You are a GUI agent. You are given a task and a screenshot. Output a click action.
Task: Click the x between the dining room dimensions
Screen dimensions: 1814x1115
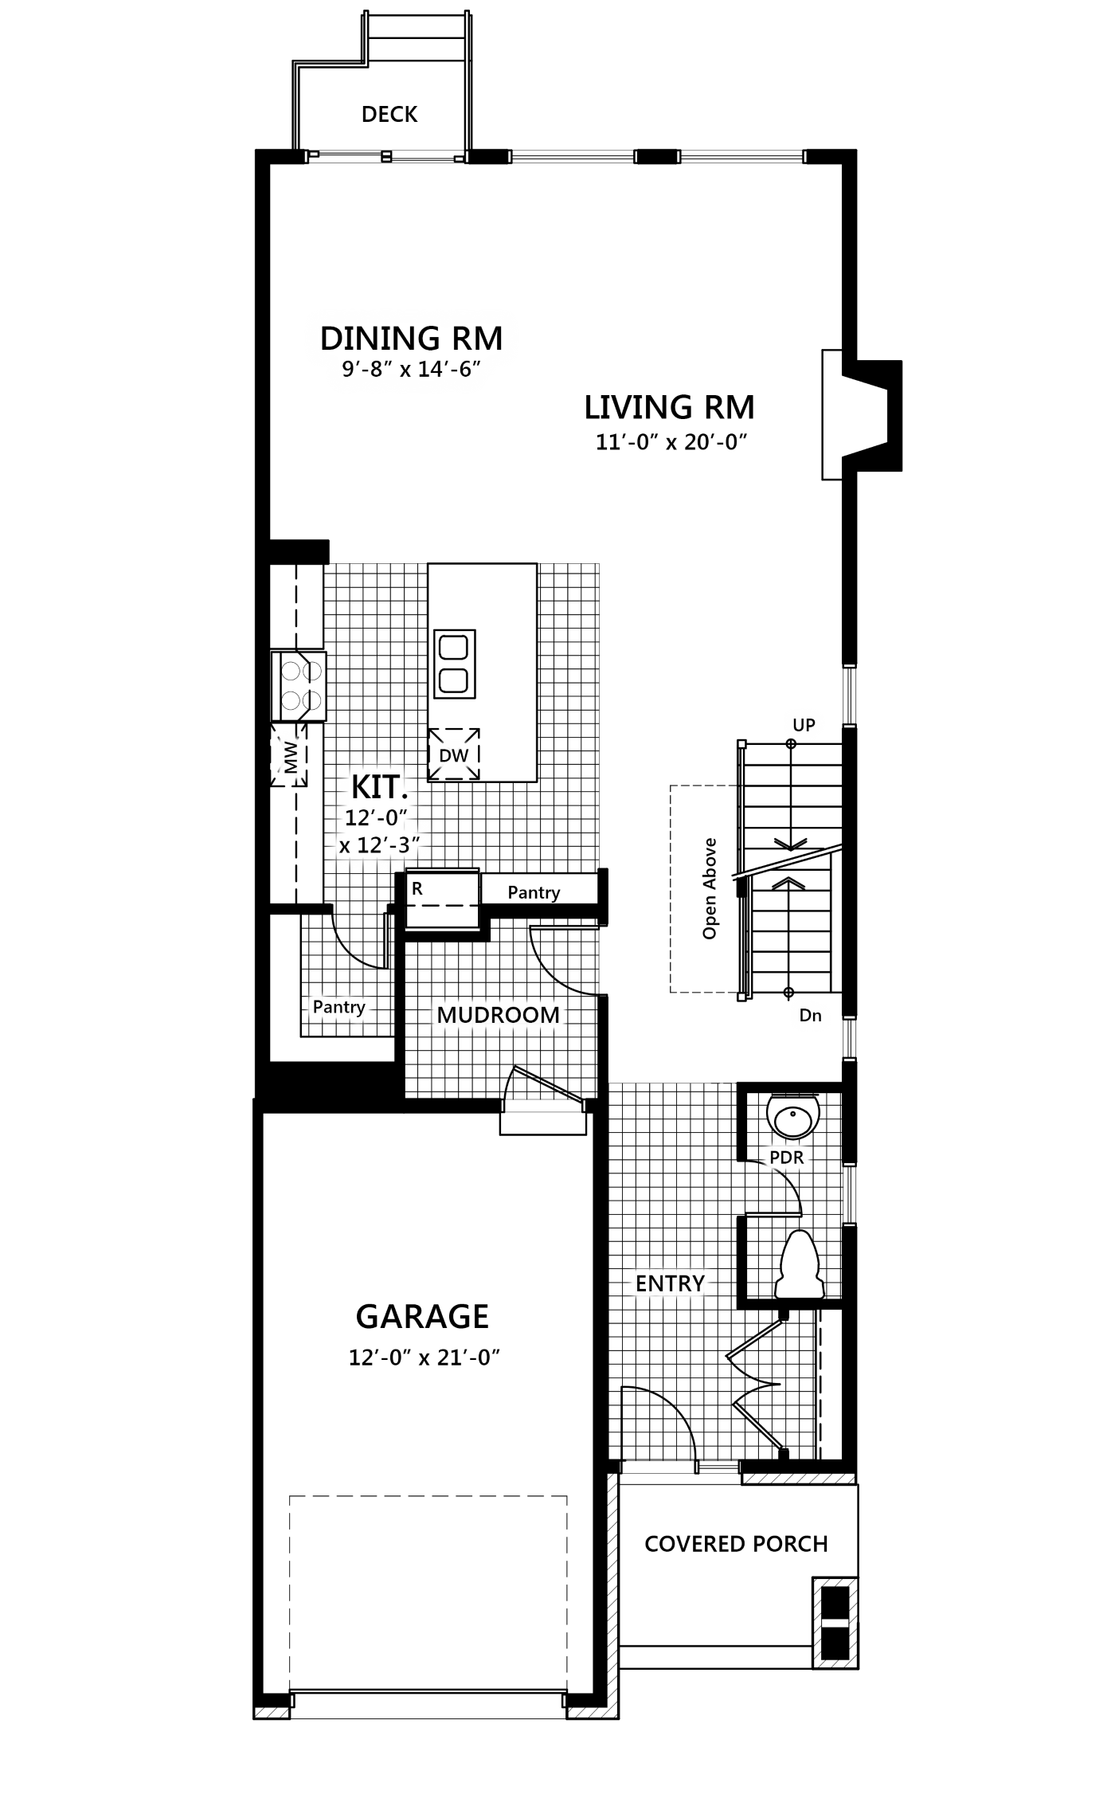pyautogui.click(x=405, y=371)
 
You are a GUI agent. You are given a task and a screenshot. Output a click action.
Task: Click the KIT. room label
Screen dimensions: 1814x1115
pyautogui.click(x=379, y=788)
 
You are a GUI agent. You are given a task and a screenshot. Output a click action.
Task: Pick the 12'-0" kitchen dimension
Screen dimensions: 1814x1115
pyautogui.click(x=376, y=818)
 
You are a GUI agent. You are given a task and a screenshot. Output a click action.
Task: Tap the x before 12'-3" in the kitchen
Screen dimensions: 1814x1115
pyautogui.click(x=344, y=846)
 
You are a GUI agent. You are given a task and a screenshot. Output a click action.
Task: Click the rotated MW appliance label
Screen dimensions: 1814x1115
pyautogui.click(x=290, y=757)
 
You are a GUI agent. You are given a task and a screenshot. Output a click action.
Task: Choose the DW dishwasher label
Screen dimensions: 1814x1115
pyautogui.click(x=454, y=755)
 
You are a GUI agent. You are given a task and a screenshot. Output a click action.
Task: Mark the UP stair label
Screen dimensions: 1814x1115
pyautogui.click(x=804, y=725)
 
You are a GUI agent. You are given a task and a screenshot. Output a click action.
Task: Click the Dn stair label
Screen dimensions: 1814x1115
pyautogui.click(x=810, y=1016)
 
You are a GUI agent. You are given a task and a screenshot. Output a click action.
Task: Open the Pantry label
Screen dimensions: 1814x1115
pyautogui.click(x=338, y=1007)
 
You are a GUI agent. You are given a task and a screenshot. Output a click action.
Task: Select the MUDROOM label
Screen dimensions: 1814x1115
pyautogui.click(x=498, y=1015)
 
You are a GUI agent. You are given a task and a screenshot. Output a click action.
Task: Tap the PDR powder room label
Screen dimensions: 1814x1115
pyautogui.click(x=787, y=1158)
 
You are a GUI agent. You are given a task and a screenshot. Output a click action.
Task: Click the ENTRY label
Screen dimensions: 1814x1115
pyautogui.click(x=670, y=1283)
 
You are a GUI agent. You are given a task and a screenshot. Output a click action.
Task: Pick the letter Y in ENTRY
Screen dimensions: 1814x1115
pyautogui.click(x=698, y=1283)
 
